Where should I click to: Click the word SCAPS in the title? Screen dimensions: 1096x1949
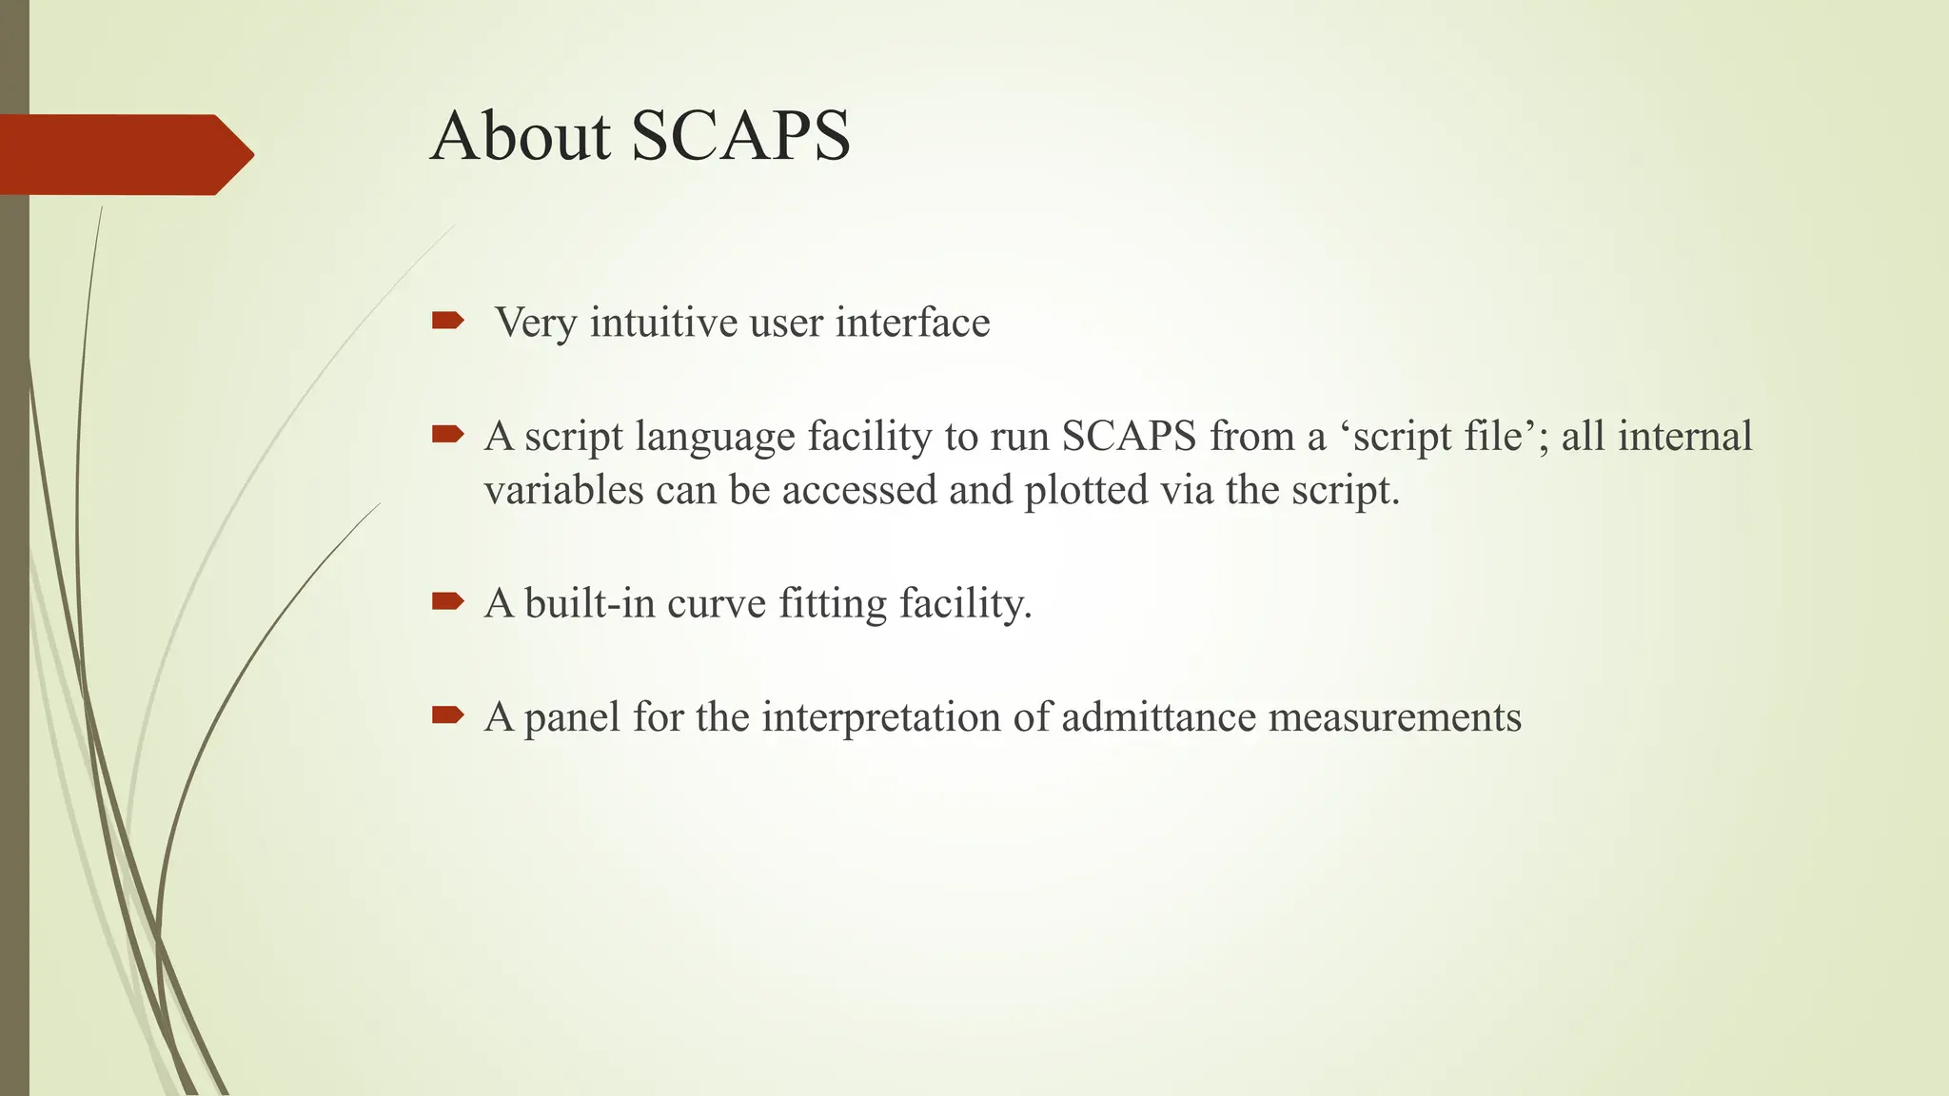pyautogui.click(x=740, y=136)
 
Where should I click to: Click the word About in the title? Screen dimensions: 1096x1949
pyautogui.click(x=520, y=136)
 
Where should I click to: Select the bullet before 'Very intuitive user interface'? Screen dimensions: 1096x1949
pyautogui.click(x=447, y=322)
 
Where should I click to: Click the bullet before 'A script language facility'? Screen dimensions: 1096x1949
pyautogui.click(x=447, y=436)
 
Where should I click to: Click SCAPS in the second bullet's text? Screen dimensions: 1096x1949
pyautogui.click(x=1129, y=437)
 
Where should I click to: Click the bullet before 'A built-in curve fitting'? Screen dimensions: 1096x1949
pyautogui.click(x=447, y=601)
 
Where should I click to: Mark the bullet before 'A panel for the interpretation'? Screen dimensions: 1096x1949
pyautogui.click(x=447, y=714)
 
